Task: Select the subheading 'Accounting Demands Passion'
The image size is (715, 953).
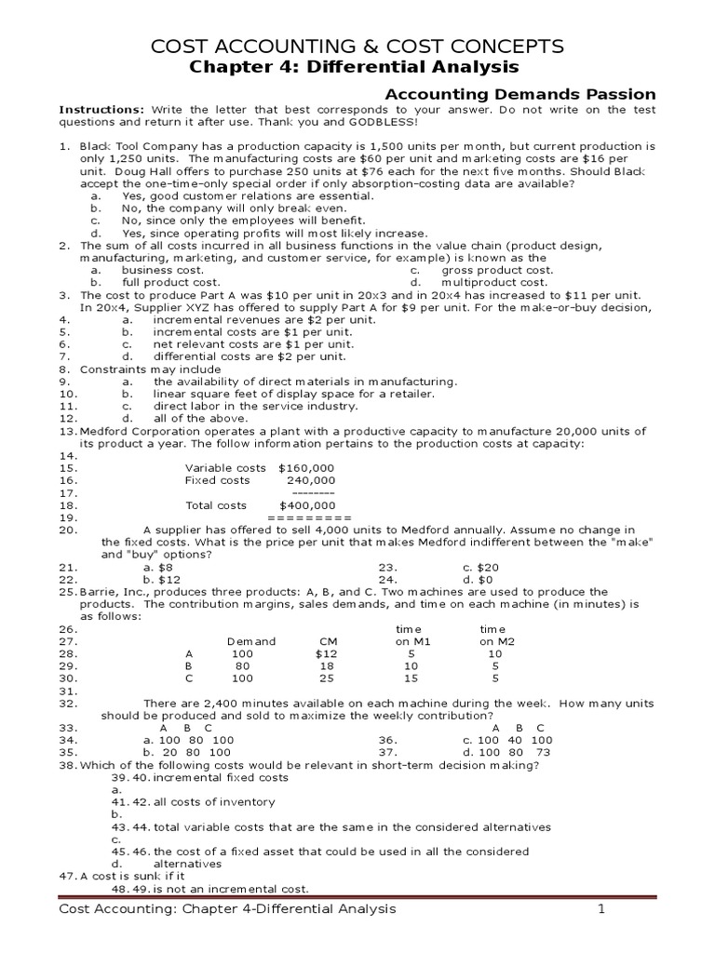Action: (520, 94)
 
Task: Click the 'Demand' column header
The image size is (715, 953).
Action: (251, 641)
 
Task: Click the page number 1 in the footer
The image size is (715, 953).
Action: (601, 908)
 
